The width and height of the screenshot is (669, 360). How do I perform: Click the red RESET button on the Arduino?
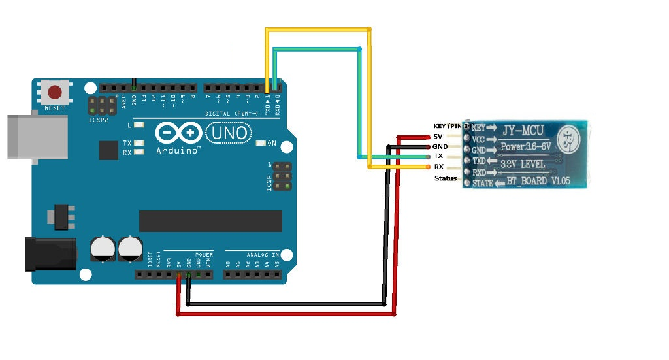[55, 92]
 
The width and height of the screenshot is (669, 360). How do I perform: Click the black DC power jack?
[50, 254]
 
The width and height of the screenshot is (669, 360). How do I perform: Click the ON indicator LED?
[261, 143]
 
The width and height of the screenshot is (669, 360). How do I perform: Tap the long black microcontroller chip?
[210, 221]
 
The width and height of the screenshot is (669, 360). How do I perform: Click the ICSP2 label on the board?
[99, 120]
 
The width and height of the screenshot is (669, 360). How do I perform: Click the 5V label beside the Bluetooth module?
[438, 137]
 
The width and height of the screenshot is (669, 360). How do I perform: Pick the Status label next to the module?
[446, 178]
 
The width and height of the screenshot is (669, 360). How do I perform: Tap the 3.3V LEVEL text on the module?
[526, 165]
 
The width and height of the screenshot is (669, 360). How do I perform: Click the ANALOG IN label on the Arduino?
[262, 254]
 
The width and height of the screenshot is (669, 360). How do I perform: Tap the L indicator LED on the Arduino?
[139, 125]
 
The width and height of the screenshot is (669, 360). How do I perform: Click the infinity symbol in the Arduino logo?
[178, 133]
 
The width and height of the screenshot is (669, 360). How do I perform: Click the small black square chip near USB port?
[108, 150]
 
